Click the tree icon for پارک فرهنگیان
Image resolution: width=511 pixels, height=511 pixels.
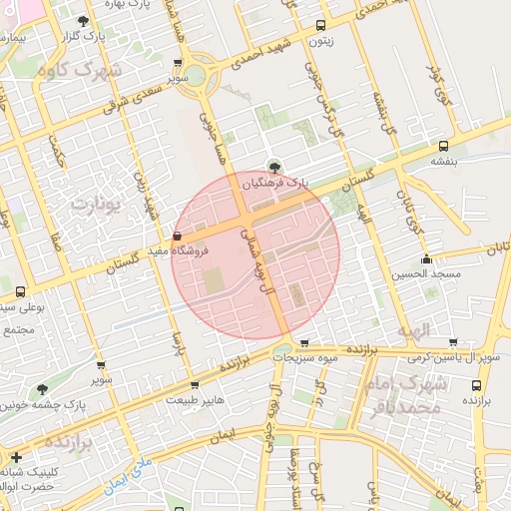click(x=274, y=167)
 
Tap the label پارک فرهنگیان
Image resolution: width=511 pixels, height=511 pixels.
click(x=279, y=184)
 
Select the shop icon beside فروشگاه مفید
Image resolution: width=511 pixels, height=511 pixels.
click(x=178, y=236)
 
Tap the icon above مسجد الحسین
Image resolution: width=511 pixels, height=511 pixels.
click(x=427, y=258)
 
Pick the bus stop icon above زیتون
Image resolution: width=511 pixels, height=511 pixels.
click(x=319, y=26)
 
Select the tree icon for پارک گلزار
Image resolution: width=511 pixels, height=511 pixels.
click(x=82, y=20)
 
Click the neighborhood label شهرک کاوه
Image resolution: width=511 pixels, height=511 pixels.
click(x=76, y=71)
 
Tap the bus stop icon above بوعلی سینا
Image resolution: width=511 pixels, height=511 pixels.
click(x=21, y=291)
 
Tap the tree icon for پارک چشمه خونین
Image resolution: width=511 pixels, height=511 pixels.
click(x=43, y=389)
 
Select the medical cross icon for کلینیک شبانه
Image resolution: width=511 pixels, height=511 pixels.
click(x=15, y=456)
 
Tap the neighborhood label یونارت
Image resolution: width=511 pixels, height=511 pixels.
click(x=96, y=203)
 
